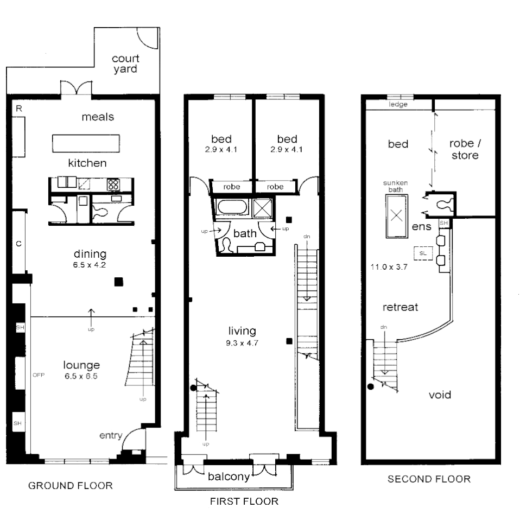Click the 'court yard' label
coord(125,64)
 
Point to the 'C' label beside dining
coord(18,244)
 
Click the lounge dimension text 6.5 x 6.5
coord(80,376)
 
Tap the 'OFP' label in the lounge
coord(38,375)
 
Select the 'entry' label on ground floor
coord(110,435)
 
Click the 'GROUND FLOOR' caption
coord(71,486)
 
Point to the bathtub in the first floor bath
coord(232,208)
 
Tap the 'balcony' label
coord(229,477)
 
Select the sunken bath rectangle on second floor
coord(397,215)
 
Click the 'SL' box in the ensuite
coord(422,253)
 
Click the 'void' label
coord(440,395)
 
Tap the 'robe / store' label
coord(464,150)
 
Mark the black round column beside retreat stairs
coord(371,387)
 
